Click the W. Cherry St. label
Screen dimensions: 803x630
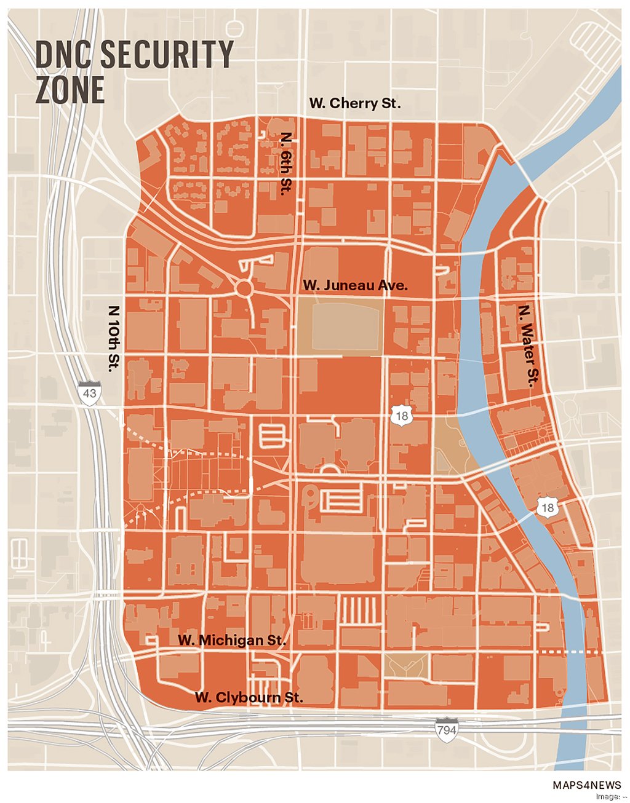354,103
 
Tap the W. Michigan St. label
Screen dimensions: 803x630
232,640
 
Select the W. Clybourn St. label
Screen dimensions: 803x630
249,697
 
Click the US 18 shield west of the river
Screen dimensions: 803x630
401,416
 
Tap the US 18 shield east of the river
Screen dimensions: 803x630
547,507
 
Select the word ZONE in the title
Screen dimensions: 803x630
70,90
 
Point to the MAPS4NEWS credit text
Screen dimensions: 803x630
586,785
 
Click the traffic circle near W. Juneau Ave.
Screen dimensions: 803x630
244,288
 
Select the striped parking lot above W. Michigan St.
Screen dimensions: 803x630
359,610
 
